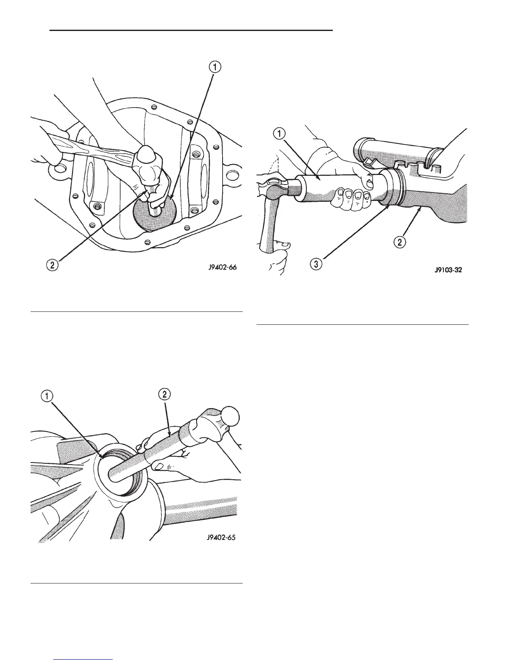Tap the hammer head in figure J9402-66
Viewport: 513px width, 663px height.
coord(146,161)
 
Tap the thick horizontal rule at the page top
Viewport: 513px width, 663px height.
coord(191,30)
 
